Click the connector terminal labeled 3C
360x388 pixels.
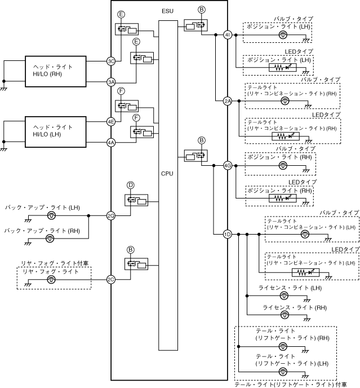[x=111, y=61]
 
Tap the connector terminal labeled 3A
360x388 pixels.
[x=111, y=82]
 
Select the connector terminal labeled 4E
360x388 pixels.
[x=111, y=121]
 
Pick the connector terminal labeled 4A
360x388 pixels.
[x=111, y=143]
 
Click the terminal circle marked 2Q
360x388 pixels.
[x=111, y=215]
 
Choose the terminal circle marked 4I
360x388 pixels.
[x=228, y=34]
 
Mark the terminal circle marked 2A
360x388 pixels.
[x=228, y=102]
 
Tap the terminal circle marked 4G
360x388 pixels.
[x=228, y=166]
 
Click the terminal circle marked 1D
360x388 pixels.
[x=228, y=234]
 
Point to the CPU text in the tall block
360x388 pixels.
[x=167, y=174]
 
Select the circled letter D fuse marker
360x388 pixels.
[x=130, y=185]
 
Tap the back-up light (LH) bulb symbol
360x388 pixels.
[x=51, y=215]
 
